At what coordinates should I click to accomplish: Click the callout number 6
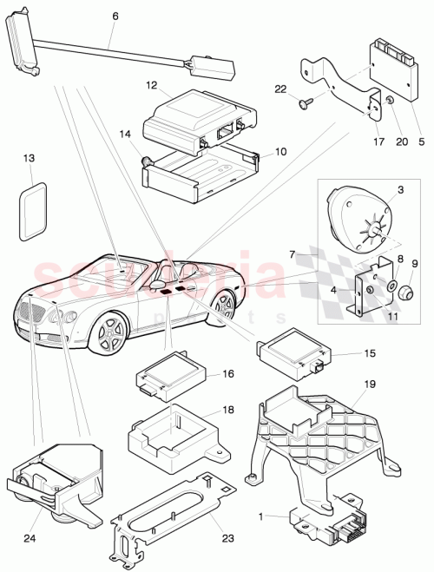pos(115,16)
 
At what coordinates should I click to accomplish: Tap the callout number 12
pos(151,86)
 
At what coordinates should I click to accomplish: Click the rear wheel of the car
pos(224,306)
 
